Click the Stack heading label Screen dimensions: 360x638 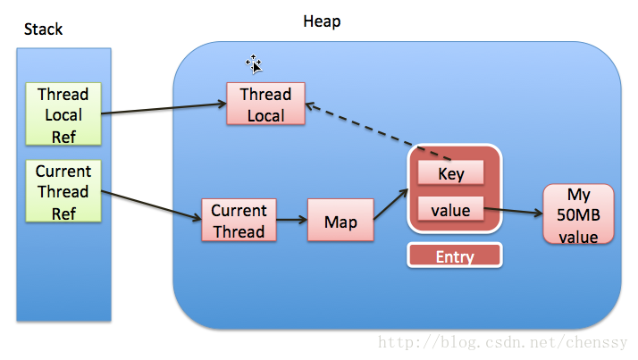pyautogui.click(x=43, y=29)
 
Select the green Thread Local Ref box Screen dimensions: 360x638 pyautogui.click(x=63, y=114)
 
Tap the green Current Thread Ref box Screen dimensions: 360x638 pyautogui.click(x=63, y=191)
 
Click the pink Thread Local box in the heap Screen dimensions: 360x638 pyautogui.click(x=265, y=105)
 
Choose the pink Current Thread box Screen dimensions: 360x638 pyautogui.click(x=239, y=221)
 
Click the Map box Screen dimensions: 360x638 pyautogui.click(x=340, y=221)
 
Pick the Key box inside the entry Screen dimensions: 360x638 pyautogui.click(x=451, y=173)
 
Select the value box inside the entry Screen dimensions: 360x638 pyautogui.click(x=451, y=211)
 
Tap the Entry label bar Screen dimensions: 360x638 pyautogui.click(x=454, y=256)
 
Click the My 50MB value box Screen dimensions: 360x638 pyautogui.click(x=579, y=215)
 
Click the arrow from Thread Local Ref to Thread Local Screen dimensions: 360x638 pyautogui.click(x=165, y=109)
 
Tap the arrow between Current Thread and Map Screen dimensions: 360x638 pyautogui.click(x=291, y=221)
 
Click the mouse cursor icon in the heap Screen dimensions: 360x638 pyautogui.click(x=254, y=63)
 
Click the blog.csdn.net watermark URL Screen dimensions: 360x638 pyautogui.click(x=506, y=343)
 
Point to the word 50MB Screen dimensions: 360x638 pyautogui.click(x=579, y=216)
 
